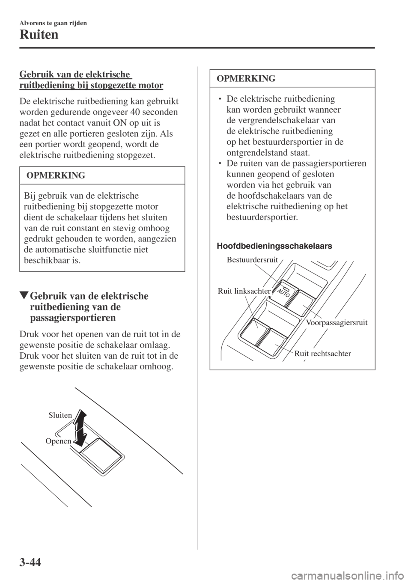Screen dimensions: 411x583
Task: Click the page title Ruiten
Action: pyautogui.click(x=39, y=35)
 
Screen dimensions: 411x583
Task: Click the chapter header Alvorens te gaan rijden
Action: pyautogui.click(x=53, y=23)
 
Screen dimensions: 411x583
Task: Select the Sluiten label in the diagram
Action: pyautogui.click(x=60, y=415)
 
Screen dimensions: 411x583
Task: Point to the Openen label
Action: pyautogui.click(x=58, y=441)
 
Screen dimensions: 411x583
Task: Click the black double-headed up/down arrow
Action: pyautogui.click(x=80, y=427)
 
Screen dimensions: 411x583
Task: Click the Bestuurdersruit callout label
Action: pyautogui.click(x=253, y=259)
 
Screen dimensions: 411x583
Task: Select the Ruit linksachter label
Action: pyautogui.click(x=244, y=291)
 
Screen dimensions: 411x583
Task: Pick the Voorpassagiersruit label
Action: pyautogui.click(x=337, y=322)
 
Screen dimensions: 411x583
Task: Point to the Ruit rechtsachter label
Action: pyautogui.click(x=323, y=354)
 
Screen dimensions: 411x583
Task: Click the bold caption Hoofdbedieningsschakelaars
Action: pyautogui.click(x=274, y=246)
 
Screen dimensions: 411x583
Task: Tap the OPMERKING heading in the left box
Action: pyautogui.click(x=56, y=175)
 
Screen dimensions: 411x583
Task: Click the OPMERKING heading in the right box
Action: pyautogui.click(x=246, y=78)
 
